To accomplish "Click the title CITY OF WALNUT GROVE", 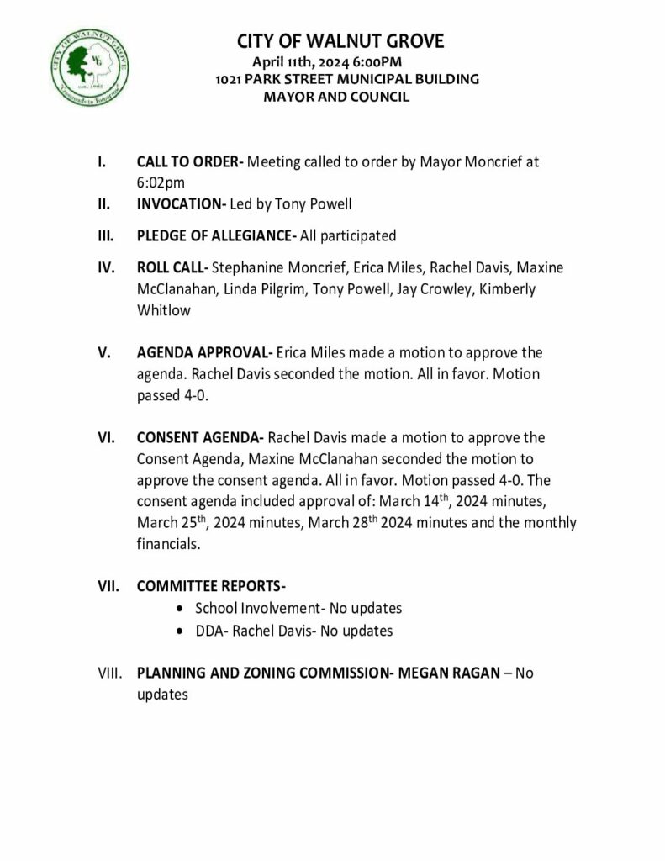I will (340, 41).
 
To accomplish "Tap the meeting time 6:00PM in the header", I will (378, 62).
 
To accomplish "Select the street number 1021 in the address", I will (229, 80).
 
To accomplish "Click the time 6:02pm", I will (161, 182).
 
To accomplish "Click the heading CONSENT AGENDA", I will (200, 438).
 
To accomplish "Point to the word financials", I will (167, 544).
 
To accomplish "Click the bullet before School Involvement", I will (182, 608).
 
